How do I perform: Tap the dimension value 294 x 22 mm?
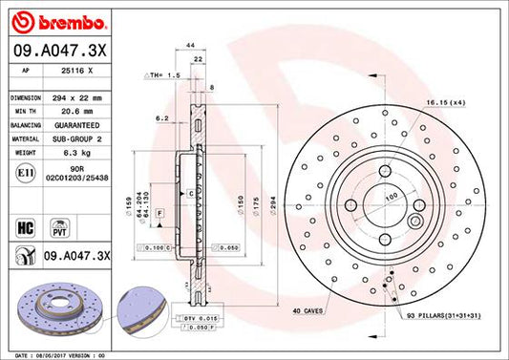(81, 98)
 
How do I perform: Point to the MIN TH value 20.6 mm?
(72, 112)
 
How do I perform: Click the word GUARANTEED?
(80, 125)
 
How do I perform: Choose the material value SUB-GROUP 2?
(81, 138)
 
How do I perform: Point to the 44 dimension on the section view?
(191, 46)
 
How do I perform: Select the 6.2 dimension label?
(163, 119)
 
